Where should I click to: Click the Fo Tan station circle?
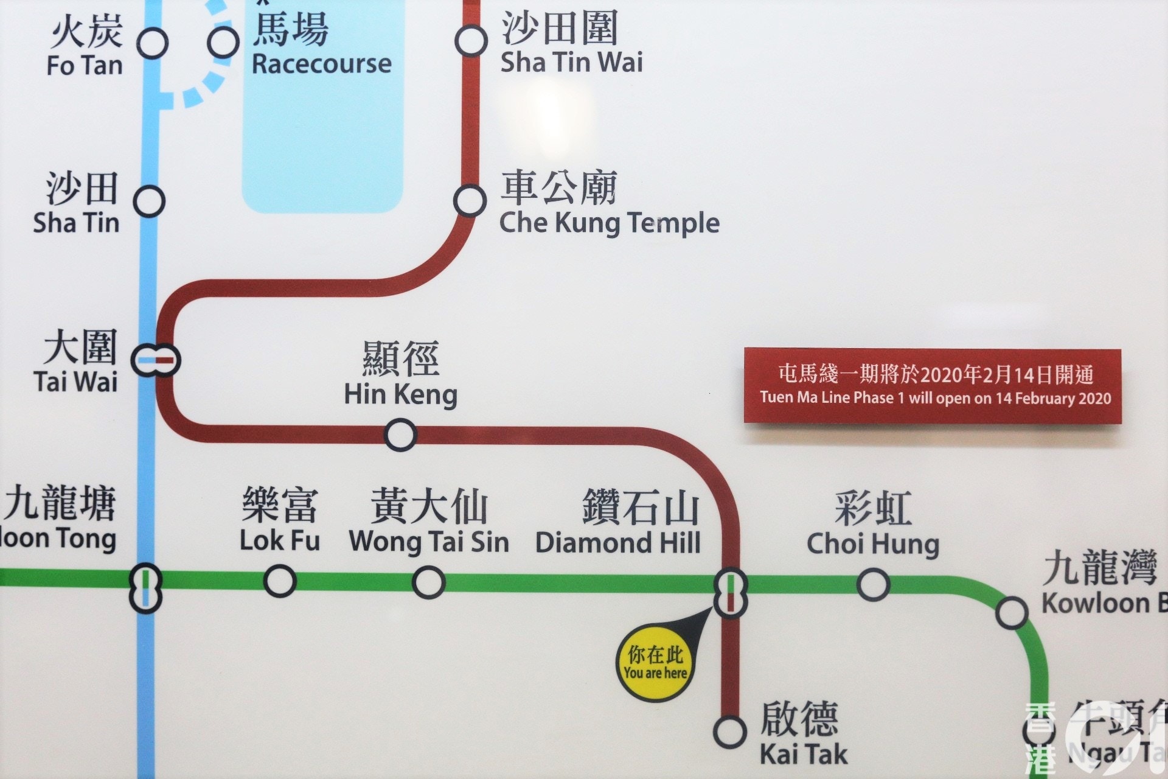pyautogui.click(x=152, y=43)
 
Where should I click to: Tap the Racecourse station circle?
pyautogui.click(x=223, y=42)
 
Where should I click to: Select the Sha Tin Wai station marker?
pyautogui.click(x=471, y=41)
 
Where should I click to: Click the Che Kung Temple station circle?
pyautogui.click(x=470, y=201)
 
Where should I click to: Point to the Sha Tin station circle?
pyautogui.click(x=149, y=201)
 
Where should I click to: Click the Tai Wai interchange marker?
pyautogui.click(x=156, y=360)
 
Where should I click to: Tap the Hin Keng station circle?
pyautogui.click(x=400, y=435)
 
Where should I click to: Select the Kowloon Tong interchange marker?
pyautogui.click(x=146, y=589)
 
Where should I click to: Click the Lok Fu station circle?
pyautogui.click(x=280, y=581)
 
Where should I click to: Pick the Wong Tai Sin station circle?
pyautogui.click(x=428, y=582)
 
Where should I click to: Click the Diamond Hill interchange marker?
pyautogui.click(x=730, y=593)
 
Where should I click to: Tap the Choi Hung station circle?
pyautogui.click(x=873, y=584)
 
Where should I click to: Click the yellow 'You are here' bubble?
pyautogui.click(x=656, y=665)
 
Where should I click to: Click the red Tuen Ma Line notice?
pyautogui.click(x=932, y=385)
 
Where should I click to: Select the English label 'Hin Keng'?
pyautogui.click(x=400, y=394)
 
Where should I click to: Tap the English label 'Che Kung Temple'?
pyautogui.click(x=609, y=223)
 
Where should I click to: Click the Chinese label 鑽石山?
pyautogui.click(x=641, y=508)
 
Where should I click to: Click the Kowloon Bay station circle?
pyautogui.click(x=1012, y=613)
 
